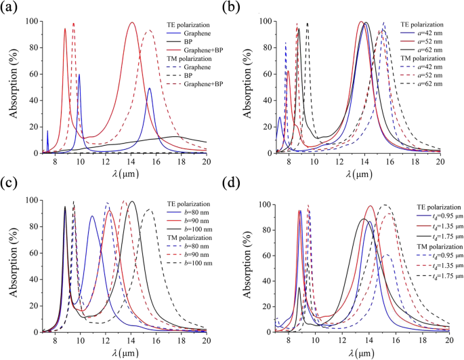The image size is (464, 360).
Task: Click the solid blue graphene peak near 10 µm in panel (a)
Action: click(79, 75)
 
